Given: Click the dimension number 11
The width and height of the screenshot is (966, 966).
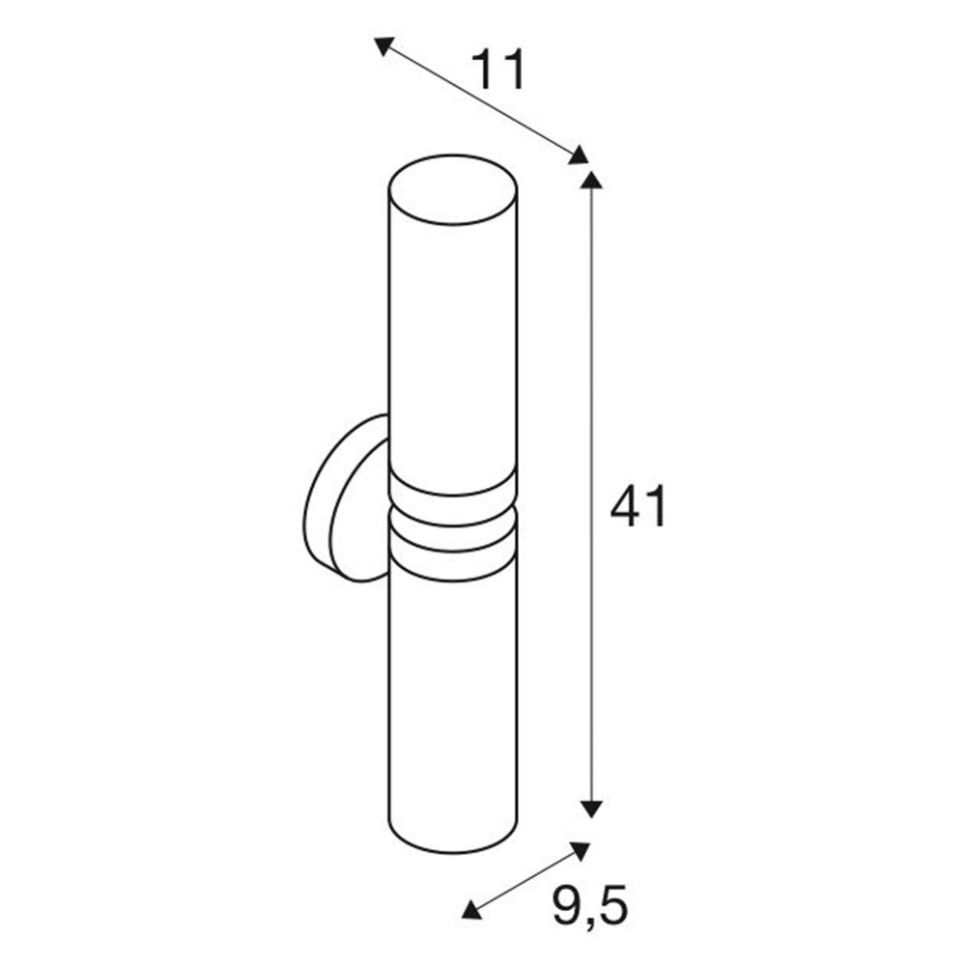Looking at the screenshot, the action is coord(498,69).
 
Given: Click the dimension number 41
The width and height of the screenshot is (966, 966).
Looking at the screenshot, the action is coord(639,506).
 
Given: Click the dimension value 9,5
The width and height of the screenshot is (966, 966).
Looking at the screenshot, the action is coord(589,906).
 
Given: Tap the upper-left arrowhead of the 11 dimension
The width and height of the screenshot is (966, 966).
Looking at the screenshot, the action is coord(384,45).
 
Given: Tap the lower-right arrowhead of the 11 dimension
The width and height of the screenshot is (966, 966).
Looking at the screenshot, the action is coord(578,156).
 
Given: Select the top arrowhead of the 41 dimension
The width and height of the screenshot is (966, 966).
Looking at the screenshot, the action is coord(591,180).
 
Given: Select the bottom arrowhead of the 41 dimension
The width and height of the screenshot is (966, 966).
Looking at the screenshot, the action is coord(591,809).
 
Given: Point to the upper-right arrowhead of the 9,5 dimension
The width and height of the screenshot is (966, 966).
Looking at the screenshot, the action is coord(580,851).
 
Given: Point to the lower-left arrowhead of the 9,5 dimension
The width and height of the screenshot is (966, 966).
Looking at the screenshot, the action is coord(471,909).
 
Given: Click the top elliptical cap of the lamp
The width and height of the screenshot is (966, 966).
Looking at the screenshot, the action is coord(453,189).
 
